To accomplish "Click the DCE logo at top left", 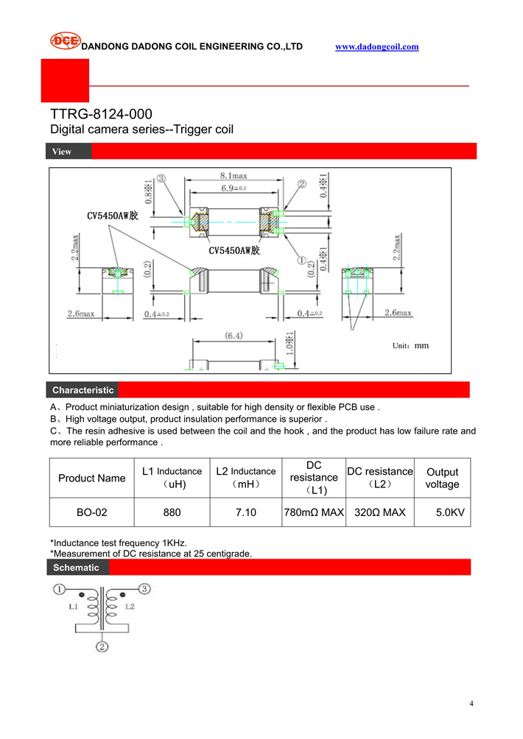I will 65,41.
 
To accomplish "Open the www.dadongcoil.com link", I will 376,46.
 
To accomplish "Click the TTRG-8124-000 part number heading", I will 101,114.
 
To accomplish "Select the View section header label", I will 62,152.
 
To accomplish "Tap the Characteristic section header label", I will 83,390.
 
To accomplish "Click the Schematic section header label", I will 75,567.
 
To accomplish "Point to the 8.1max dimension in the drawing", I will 233,176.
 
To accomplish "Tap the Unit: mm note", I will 410,345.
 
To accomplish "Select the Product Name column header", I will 92,478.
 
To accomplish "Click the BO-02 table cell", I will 92,512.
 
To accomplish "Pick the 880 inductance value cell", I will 172,512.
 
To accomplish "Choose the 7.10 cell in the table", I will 246,512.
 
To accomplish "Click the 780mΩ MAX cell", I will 314,512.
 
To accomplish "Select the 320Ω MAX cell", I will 380,512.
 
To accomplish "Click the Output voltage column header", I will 442,478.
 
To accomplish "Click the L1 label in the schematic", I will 73,607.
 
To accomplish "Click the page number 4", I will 471,704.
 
